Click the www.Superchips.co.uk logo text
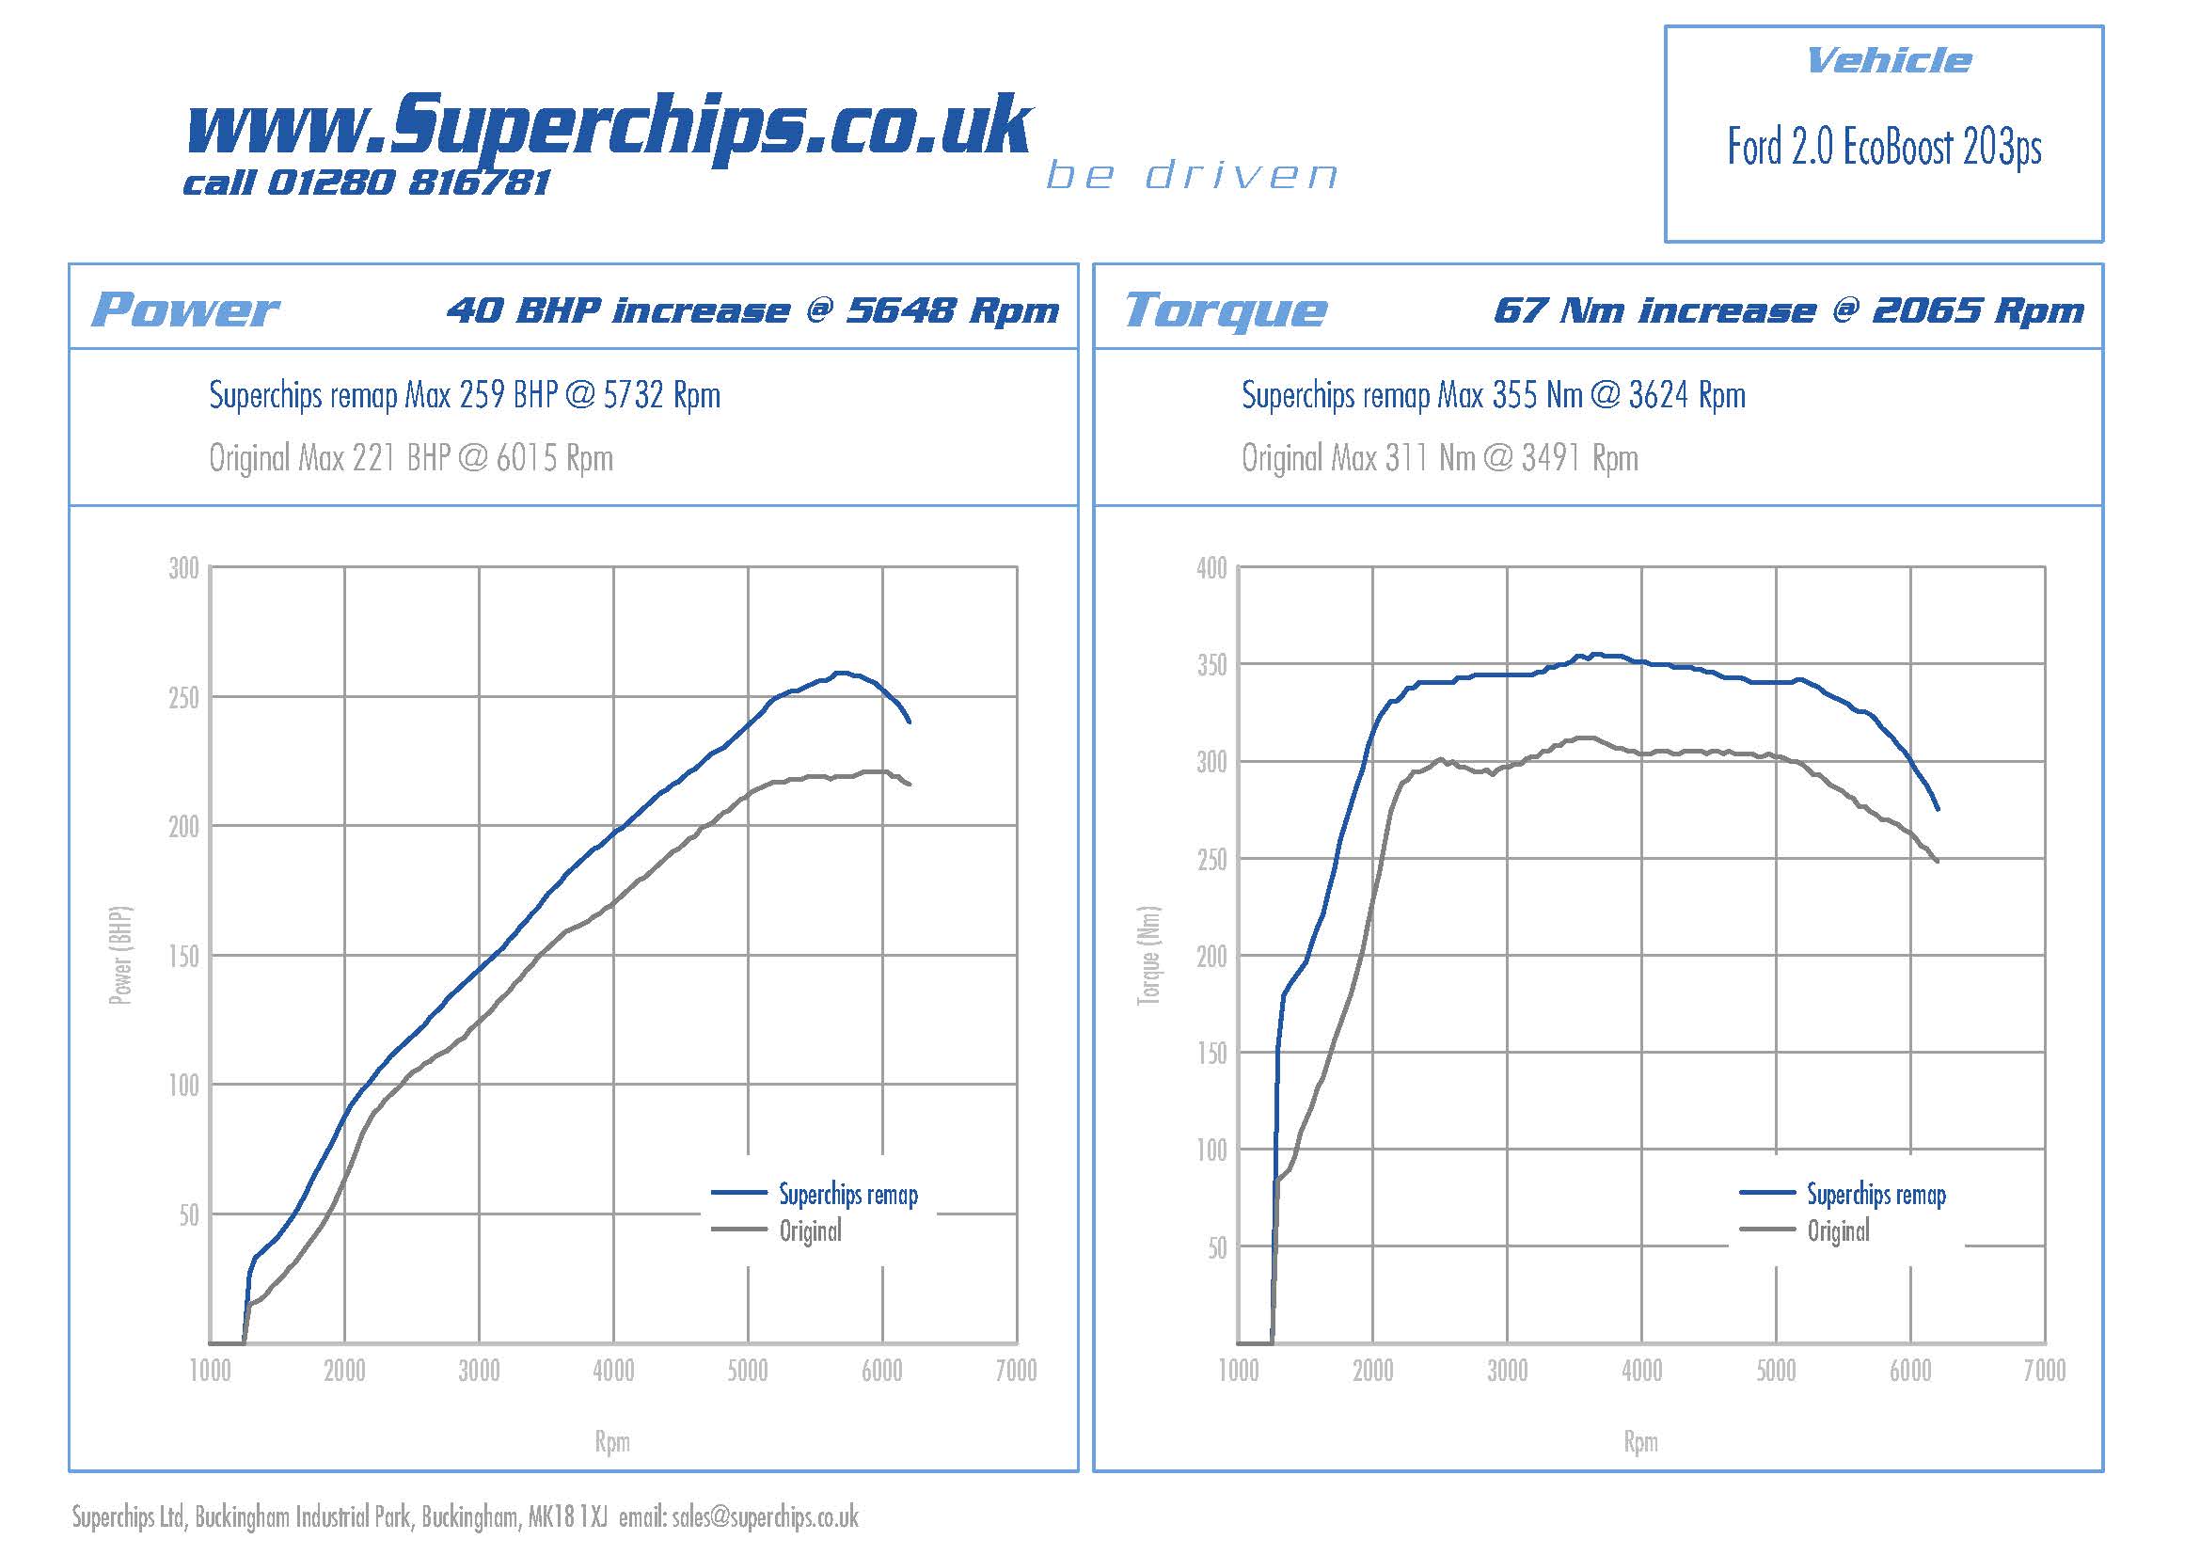[609, 127]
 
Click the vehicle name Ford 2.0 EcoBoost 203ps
[1884, 148]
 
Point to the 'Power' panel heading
[185, 309]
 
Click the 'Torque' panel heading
[1226, 309]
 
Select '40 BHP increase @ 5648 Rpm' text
[752, 310]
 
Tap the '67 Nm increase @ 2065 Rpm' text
[1788, 310]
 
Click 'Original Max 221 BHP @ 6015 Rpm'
[411, 458]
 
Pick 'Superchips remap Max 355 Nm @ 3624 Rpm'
[1493, 395]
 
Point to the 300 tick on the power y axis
[184, 568]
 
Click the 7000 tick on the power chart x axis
[1016, 1371]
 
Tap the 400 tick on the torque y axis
[1211, 568]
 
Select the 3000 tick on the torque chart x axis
[1507, 1371]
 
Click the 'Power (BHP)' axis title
[120, 955]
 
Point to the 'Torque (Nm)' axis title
[1147, 955]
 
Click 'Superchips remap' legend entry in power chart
[848, 1194]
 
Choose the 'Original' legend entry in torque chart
[1838, 1231]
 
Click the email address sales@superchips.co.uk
[765, 1516]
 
